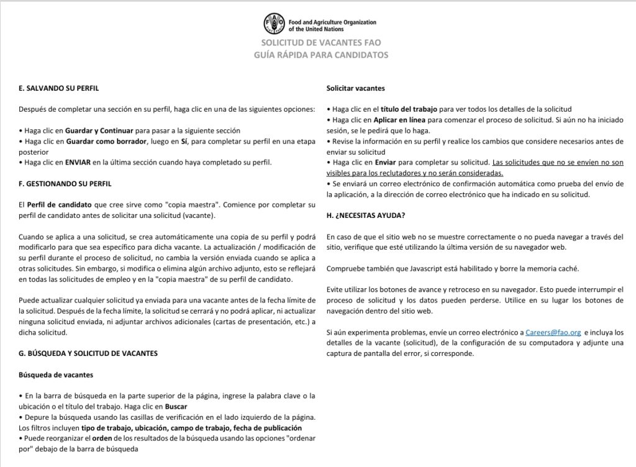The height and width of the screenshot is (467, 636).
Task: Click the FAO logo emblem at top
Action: coord(275,25)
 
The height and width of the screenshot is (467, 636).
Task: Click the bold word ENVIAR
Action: coord(69,163)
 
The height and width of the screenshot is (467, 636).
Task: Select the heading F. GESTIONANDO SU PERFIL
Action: coord(65,184)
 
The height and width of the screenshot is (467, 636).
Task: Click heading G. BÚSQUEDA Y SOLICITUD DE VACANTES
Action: coord(88,353)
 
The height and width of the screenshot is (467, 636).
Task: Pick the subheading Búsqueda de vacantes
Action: coord(57,374)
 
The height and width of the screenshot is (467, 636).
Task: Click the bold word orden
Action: coord(102,438)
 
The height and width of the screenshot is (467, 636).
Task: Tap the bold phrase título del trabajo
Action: coord(407,109)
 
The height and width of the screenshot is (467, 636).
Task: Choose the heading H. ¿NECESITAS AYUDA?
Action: coord(367,215)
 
